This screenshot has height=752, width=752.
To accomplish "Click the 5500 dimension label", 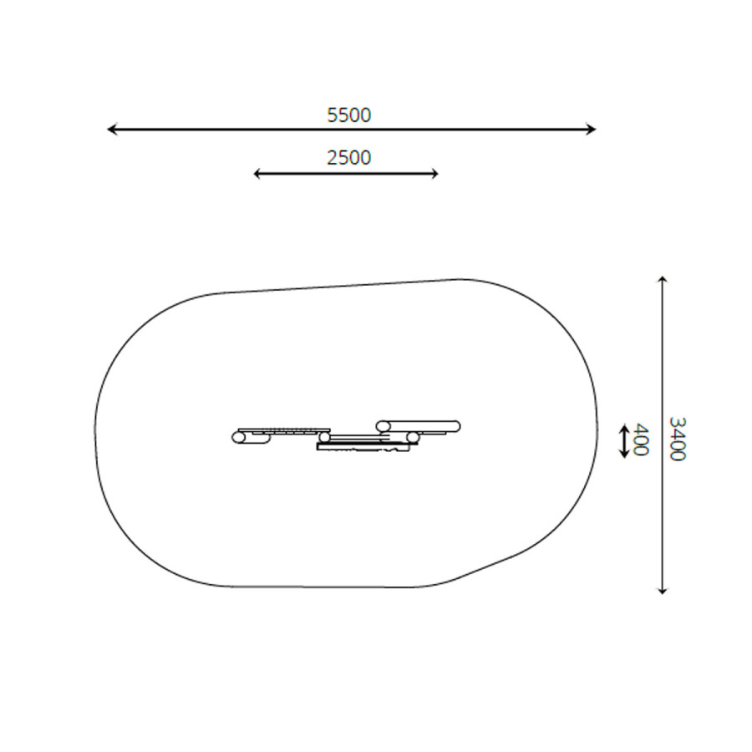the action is pos(348,115).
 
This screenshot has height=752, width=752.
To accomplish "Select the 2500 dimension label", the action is pos(348,158).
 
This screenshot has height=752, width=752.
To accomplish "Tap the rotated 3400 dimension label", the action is pos(677,439).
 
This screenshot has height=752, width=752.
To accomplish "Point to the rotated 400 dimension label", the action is pos(641,439).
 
